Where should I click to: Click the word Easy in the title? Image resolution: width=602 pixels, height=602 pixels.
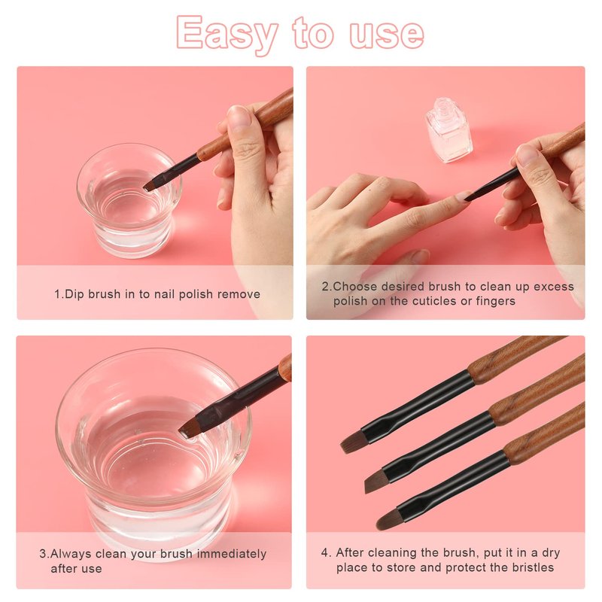pyautogui.click(x=227, y=34)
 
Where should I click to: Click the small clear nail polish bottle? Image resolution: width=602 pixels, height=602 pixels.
pyautogui.click(x=449, y=129)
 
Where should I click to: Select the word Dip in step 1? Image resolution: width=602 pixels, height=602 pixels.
pyautogui.click(x=74, y=294)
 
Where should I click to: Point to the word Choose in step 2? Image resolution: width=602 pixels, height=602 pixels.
pyautogui.click(x=355, y=287)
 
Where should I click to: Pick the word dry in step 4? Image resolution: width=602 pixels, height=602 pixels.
pyautogui.click(x=551, y=553)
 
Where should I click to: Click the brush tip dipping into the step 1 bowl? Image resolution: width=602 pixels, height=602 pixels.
pyautogui.click(x=150, y=187)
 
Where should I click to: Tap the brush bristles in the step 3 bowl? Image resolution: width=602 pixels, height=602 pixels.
pyautogui.click(x=190, y=429)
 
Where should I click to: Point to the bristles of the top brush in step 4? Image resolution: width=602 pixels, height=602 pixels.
pyautogui.click(x=352, y=442)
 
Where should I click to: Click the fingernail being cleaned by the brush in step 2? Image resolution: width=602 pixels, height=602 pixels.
pyautogui.click(x=463, y=196)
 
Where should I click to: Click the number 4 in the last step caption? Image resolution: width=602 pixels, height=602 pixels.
pyautogui.click(x=325, y=553)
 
